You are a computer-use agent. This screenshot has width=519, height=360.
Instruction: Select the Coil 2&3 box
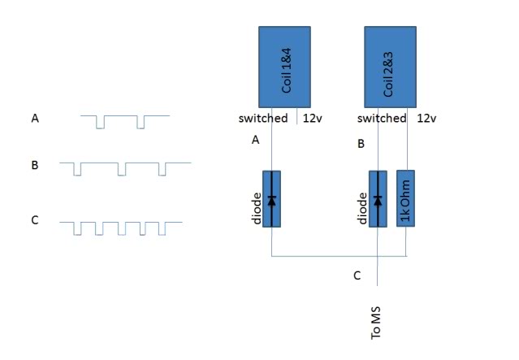[390, 66]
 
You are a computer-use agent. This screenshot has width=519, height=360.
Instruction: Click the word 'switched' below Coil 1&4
[263, 119]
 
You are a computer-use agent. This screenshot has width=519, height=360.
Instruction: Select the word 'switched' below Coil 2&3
[382, 119]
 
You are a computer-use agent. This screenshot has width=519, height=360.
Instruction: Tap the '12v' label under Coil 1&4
[313, 119]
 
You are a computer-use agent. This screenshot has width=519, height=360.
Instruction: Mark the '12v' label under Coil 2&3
[426, 119]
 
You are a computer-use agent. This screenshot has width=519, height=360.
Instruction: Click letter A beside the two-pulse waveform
[35, 119]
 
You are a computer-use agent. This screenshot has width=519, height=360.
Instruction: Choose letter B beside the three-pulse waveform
[35, 166]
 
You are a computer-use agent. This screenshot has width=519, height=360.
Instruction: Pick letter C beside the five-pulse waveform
[35, 219]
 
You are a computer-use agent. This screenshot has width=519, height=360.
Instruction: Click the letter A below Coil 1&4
[255, 140]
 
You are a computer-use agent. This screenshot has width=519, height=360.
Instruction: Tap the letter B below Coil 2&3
[361, 145]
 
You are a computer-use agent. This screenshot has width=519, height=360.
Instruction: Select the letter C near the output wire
[357, 275]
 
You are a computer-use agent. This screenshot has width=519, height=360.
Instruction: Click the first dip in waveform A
[100, 123]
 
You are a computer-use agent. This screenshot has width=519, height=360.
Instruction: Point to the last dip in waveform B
[162, 170]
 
